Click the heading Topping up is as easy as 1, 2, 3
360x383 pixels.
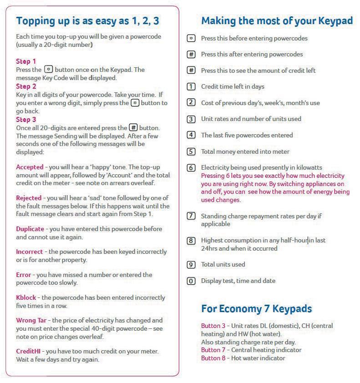(x=87, y=21)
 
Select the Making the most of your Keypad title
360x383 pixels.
(x=277, y=21)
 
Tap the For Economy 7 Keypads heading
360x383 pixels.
(x=256, y=309)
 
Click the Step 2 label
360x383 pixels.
(x=26, y=86)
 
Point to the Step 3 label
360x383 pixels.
(x=26, y=120)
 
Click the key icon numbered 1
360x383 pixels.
(x=192, y=86)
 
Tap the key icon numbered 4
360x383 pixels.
(x=192, y=135)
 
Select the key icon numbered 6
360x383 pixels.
(x=192, y=168)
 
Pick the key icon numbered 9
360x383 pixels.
(x=192, y=264)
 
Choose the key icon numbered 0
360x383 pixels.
(x=192, y=281)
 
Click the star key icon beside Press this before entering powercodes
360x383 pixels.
(x=192, y=38)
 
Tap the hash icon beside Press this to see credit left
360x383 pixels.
(x=192, y=71)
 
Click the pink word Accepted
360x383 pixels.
(x=30, y=167)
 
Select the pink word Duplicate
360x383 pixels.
(x=30, y=229)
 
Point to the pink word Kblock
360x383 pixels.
(x=26, y=298)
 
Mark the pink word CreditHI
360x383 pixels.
(x=29, y=352)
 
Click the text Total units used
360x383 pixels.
(x=223, y=264)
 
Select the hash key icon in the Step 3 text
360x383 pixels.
(x=133, y=128)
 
